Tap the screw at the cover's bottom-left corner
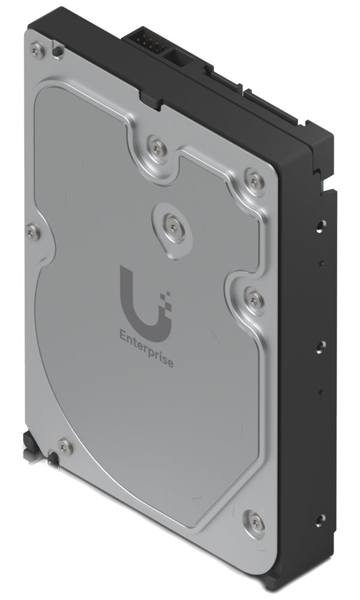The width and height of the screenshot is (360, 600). (x=64, y=446)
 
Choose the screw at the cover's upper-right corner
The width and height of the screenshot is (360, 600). (x=256, y=178)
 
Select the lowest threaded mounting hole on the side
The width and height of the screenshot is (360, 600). (x=320, y=518)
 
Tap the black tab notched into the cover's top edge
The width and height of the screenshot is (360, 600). (x=151, y=99)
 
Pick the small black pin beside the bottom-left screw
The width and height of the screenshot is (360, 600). (x=53, y=457)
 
